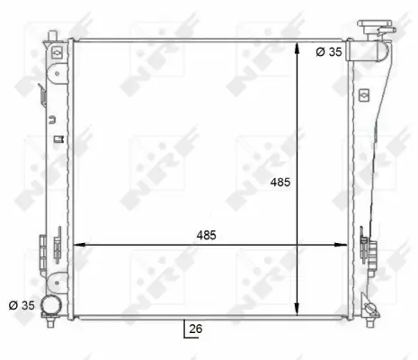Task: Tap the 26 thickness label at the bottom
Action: click(x=196, y=329)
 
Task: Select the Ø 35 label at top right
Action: click(x=328, y=51)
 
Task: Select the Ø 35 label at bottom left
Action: click(x=21, y=306)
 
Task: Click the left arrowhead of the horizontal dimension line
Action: click(x=77, y=244)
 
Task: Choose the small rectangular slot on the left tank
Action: click(x=58, y=139)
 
